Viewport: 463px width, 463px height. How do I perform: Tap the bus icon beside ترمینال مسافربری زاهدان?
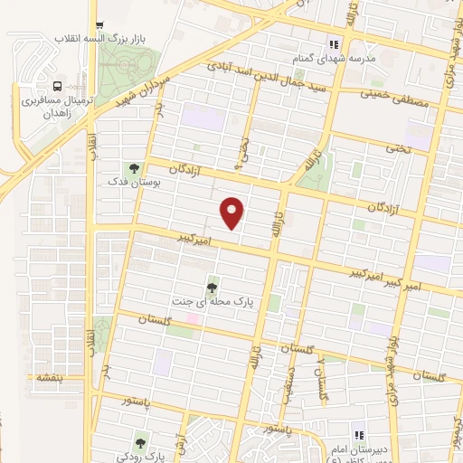point(58,86)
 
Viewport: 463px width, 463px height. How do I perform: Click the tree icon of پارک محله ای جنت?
point(212,288)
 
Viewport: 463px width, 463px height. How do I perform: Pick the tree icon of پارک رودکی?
point(139,442)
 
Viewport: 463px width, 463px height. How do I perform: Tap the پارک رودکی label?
point(139,457)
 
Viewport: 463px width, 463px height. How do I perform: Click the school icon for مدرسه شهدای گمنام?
point(333,43)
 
